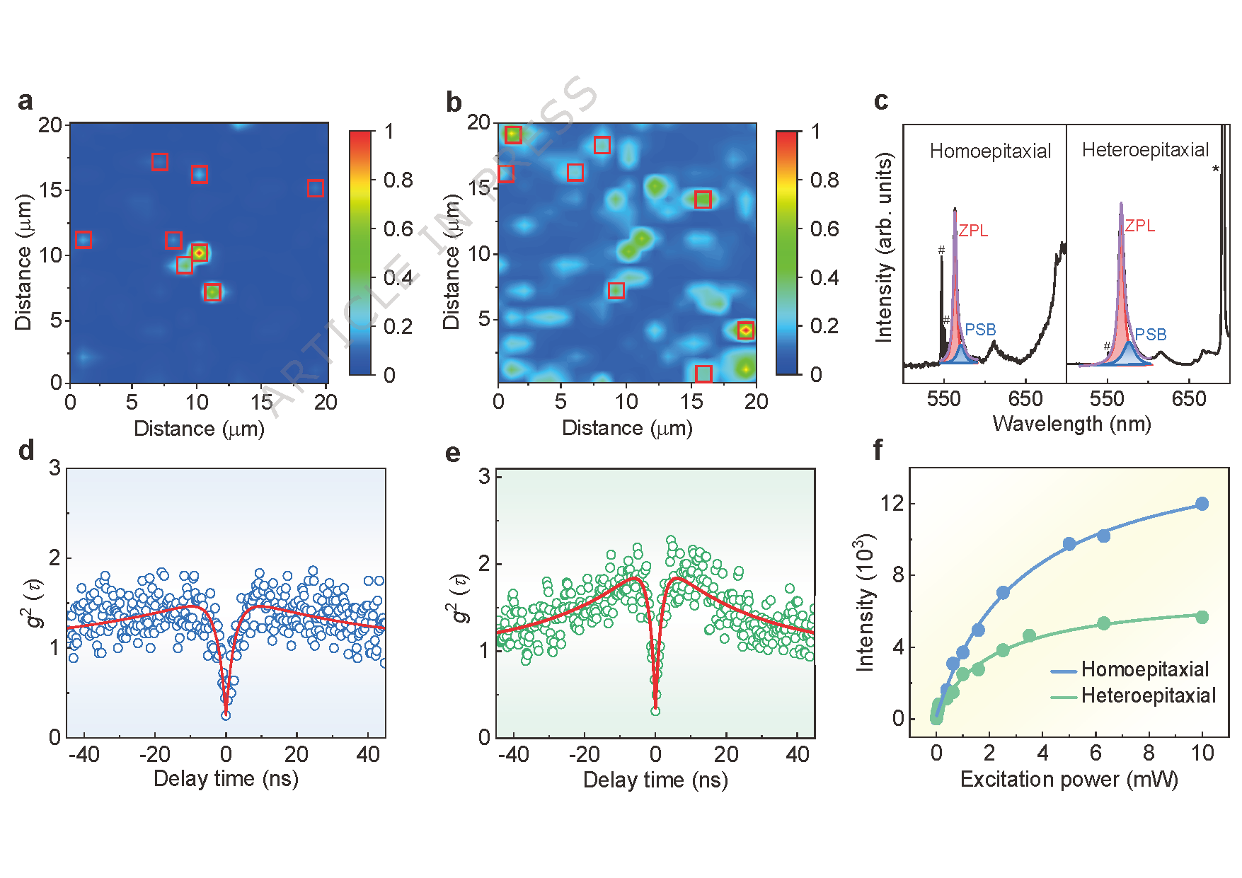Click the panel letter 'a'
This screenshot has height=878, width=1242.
point(25,101)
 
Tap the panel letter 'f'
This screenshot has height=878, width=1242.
point(878,449)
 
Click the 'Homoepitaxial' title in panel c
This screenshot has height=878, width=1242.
point(990,151)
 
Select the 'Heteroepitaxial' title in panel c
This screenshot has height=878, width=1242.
point(1145,150)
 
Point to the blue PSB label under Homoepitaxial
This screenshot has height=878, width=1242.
point(980,330)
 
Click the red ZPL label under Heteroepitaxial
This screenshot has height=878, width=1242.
point(1139,226)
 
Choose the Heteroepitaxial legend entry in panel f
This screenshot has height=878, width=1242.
point(1133,695)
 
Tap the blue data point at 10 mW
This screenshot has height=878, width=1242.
point(1202,504)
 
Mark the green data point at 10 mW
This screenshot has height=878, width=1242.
point(1202,617)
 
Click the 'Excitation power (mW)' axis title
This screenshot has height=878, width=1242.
point(1069,779)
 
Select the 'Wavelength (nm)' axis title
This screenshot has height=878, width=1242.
point(1071,424)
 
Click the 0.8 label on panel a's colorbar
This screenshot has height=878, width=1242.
point(398,180)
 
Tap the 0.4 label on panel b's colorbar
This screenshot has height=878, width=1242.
point(824,277)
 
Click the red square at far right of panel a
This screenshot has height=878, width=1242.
point(316,188)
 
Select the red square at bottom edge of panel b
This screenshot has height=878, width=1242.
point(703,374)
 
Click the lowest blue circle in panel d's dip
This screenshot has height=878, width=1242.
point(226,715)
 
